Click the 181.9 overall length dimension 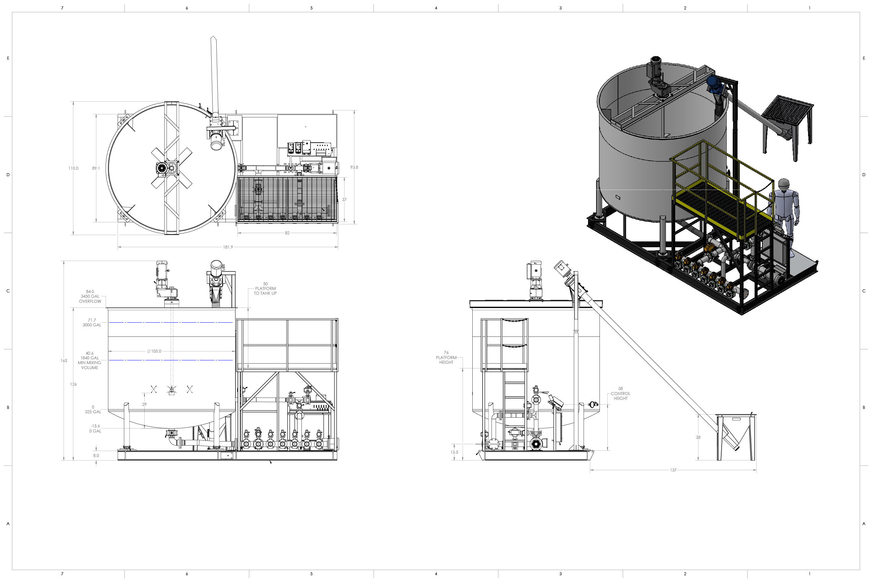[x=228, y=247]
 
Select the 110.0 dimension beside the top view [x=73, y=168]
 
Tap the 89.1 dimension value [x=96, y=168]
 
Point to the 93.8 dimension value [x=354, y=167]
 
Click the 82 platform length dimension [x=287, y=233]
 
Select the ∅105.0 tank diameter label [x=154, y=351]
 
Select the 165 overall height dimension [x=64, y=360]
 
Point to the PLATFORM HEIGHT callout [x=446, y=357]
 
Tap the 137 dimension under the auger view [x=673, y=470]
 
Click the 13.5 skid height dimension [x=454, y=452]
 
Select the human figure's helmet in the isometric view [x=784, y=184]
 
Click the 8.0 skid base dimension [x=96, y=455]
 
